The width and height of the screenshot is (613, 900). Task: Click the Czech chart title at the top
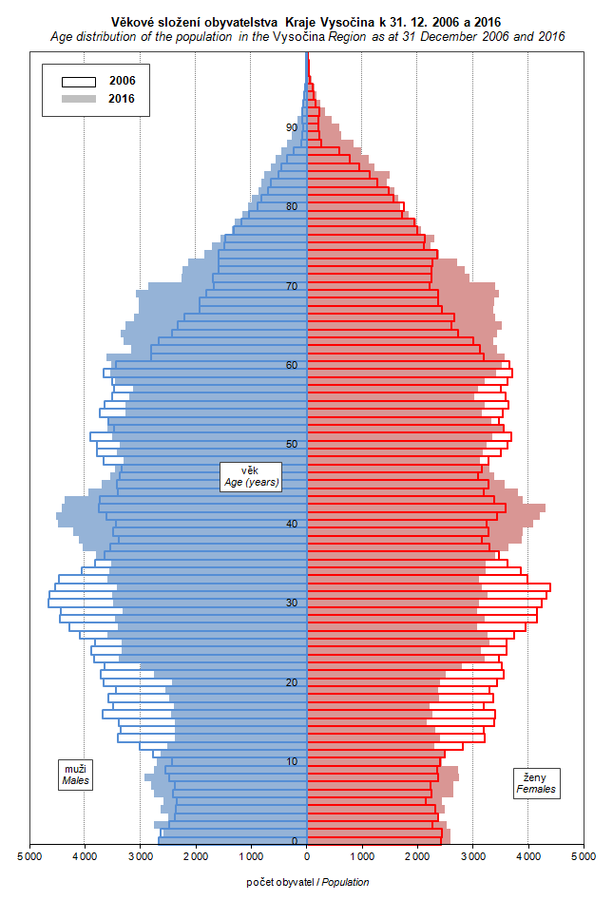point(306,21)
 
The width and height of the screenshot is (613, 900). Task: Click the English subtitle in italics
point(306,36)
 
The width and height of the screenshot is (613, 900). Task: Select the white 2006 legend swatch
point(79,81)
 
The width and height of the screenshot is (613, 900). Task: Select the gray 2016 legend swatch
point(79,99)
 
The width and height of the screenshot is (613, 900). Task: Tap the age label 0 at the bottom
point(294,841)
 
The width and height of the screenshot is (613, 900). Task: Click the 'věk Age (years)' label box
point(250,476)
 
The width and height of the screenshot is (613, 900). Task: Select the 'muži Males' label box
point(75,775)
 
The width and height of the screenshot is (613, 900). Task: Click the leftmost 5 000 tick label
point(29,856)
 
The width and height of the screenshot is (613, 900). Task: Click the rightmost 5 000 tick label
point(583,856)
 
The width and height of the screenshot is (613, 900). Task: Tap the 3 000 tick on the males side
point(140,856)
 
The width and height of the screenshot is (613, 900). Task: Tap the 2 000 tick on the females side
point(417,856)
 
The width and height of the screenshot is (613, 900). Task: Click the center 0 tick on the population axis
point(306,856)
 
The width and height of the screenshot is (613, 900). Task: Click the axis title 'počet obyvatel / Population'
point(307,883)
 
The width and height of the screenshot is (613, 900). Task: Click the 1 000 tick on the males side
point(251,856)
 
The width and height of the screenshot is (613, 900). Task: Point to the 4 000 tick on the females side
point(527,856)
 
